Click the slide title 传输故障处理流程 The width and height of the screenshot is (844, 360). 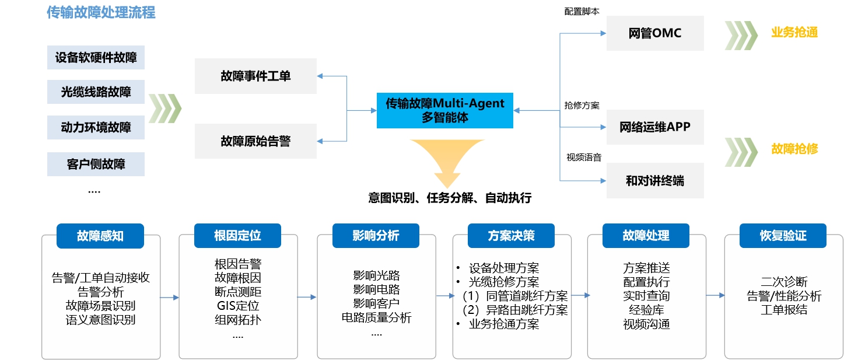(x=101, y=13)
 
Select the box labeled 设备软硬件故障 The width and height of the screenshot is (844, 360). (x=96, y=58)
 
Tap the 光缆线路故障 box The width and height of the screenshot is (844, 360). (x=96, y=92)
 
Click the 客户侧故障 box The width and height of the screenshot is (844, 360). (x=96, y=163)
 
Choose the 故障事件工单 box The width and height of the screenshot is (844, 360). (x=255, y=76)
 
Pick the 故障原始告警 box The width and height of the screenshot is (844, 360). (x=255, y=141)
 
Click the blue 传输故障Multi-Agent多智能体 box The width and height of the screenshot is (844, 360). (x=444, y=110)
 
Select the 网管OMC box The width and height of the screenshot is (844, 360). (x=654, y=33)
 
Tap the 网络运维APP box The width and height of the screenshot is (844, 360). (x=654, y=127)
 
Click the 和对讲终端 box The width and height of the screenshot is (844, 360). (x=654, y=180)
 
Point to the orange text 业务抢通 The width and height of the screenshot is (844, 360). (x=794, y=33)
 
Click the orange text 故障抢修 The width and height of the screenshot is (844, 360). (x=794, y=149)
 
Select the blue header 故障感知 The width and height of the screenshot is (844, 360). (x=100, y=236)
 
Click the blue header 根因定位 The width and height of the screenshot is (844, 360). (x=237, y=236)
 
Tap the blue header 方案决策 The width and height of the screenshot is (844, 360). (x=511, y=236)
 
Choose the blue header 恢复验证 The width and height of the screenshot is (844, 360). (x=783, y=236)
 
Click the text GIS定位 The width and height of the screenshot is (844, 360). (x=237, y=305)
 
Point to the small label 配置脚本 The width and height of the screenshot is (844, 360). (x=582, y=12)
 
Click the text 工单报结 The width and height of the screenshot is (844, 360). (x=784, y=310)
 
